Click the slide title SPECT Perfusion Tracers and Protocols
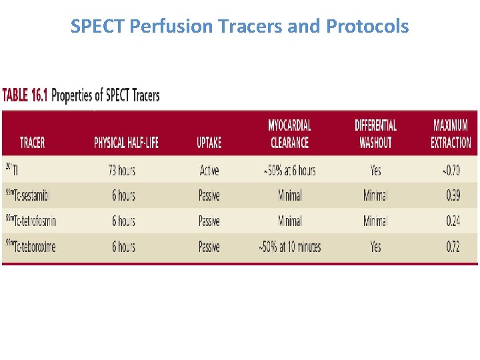pyautogui.click(x=239, y=27)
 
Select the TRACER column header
pyautogui.click(x=33, y=143)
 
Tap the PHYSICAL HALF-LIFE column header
pyautogui.click(x=126, y=143)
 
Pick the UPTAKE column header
pyautogui.click(x=209, y=143)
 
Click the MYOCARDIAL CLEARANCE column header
pyautogui.click(x=289, y=133)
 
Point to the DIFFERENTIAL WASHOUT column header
pyautogui.click(x=375, y=133)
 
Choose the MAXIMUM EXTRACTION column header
pyautogui.click(x=451, y=133)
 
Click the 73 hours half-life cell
pyautogui.click(x=121, y=171)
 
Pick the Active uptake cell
pyautogui.click(x=209, y=171)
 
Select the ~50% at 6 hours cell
pyautogui.click(x=289, y=171)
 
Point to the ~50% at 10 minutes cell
pyautogui.click(x=289, y=247)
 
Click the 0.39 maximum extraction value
pyautogui.click(x=452, y=196)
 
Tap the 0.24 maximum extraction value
pyautogui.click(x=452, y=221)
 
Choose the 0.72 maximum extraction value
pyautogui.click(x=452, y=247)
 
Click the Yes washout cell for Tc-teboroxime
pyautogui.click(x=375, y=247)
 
